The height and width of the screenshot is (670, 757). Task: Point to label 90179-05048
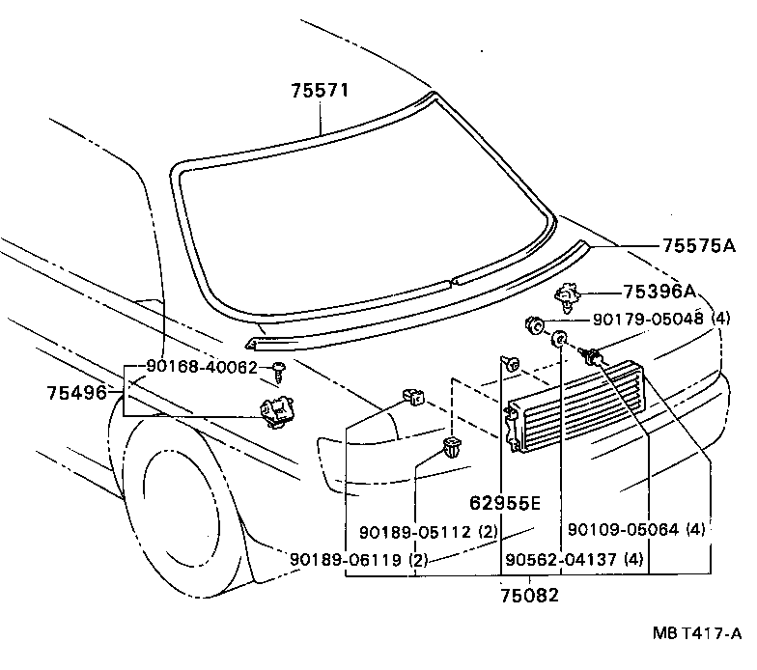(650, 320)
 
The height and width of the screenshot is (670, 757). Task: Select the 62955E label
(505, 503)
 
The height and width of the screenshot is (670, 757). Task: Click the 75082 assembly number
(530, 594)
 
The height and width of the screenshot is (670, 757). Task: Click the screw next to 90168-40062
(277, 367)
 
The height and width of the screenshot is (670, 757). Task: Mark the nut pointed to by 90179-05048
(532, 324)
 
